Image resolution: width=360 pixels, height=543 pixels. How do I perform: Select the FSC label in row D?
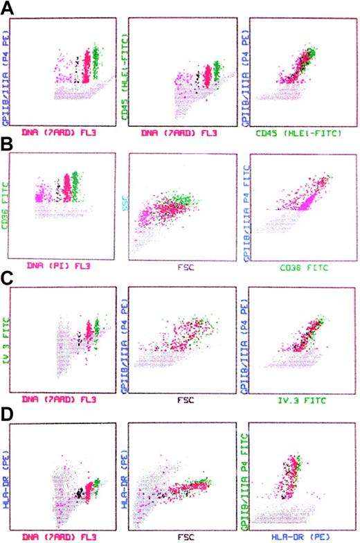[x=178, y=535]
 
